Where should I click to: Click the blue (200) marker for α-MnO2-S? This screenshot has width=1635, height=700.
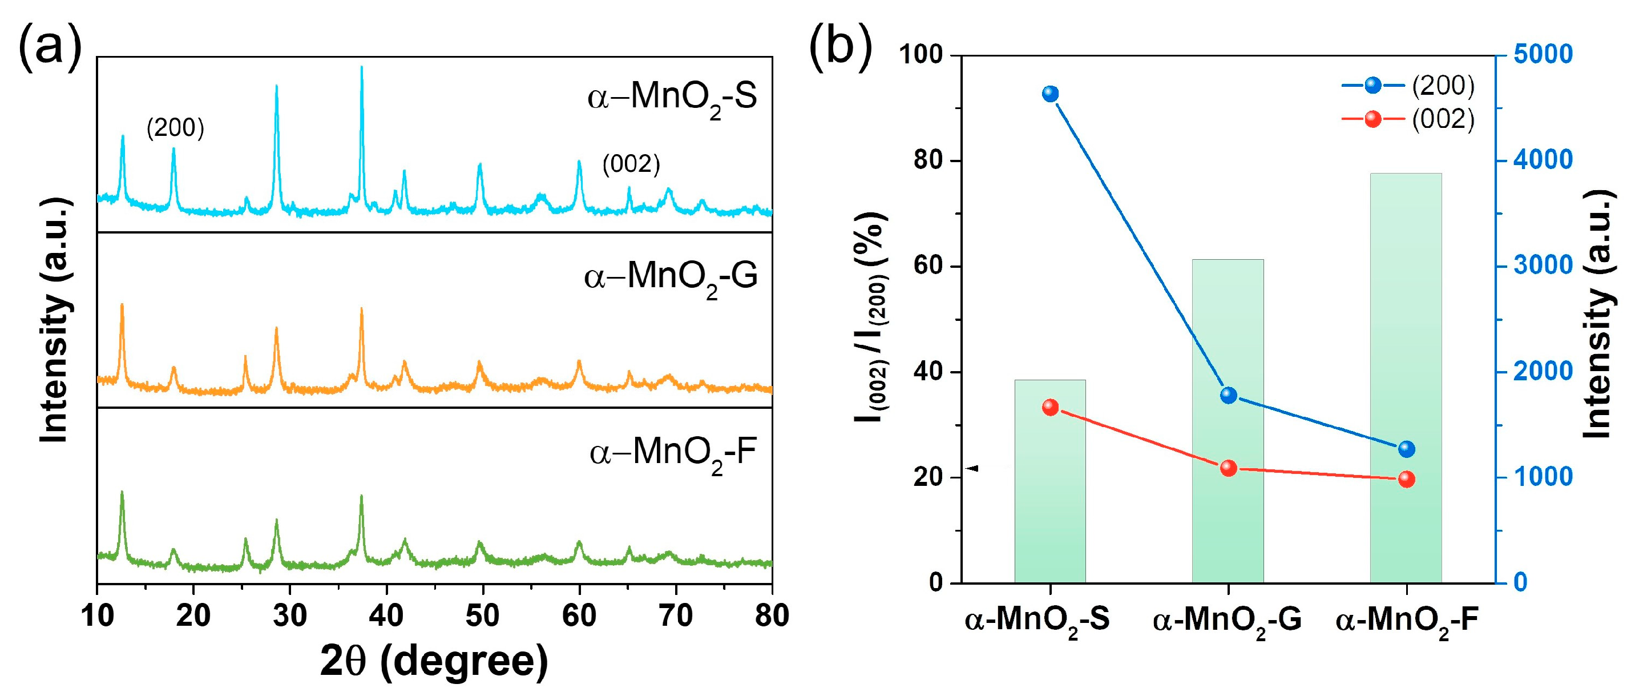1051,94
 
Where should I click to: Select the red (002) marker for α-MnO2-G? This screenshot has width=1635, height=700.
1229,468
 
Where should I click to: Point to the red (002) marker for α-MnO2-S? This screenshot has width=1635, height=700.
1051,407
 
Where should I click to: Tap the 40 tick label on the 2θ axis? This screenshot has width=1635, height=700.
386,615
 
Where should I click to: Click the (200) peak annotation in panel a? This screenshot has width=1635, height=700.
175,128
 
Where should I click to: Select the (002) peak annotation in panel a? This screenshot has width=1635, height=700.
631,164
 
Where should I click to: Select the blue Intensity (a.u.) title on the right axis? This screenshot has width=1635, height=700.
1597,315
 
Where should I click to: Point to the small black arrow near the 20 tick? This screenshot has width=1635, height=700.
972,468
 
